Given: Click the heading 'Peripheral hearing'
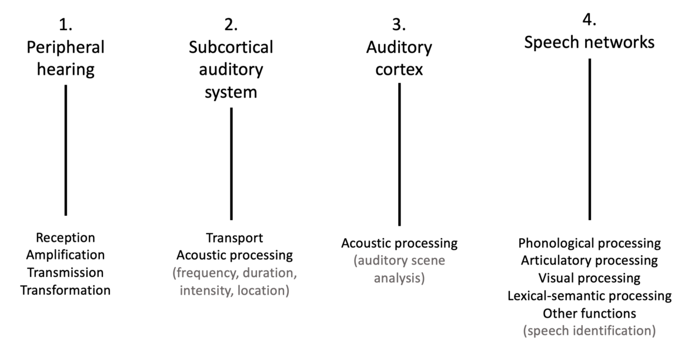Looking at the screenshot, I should point(65,58).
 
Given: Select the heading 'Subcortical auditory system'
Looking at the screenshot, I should point(231,69).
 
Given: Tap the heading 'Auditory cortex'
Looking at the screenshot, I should point(399,58).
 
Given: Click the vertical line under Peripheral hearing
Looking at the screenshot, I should point(65,150).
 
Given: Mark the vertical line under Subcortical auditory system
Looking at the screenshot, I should point(231,164).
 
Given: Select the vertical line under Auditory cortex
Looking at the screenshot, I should point(399,154).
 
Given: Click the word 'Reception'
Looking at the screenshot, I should point(65,238).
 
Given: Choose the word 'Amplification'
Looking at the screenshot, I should point(65,255).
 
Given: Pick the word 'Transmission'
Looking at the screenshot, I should point(65,272).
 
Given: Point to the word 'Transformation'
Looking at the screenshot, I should point(65,290).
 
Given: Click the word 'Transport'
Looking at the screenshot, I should point(234,238).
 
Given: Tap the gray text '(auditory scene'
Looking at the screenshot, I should point(399,260).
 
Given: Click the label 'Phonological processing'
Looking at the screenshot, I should point(589,243).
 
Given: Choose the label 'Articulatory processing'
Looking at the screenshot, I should point(589,260).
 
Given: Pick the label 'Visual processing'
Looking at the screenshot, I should point(589,278).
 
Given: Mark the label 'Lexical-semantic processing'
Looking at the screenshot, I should point(589,295).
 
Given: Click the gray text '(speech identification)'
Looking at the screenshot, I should point(589,331).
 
